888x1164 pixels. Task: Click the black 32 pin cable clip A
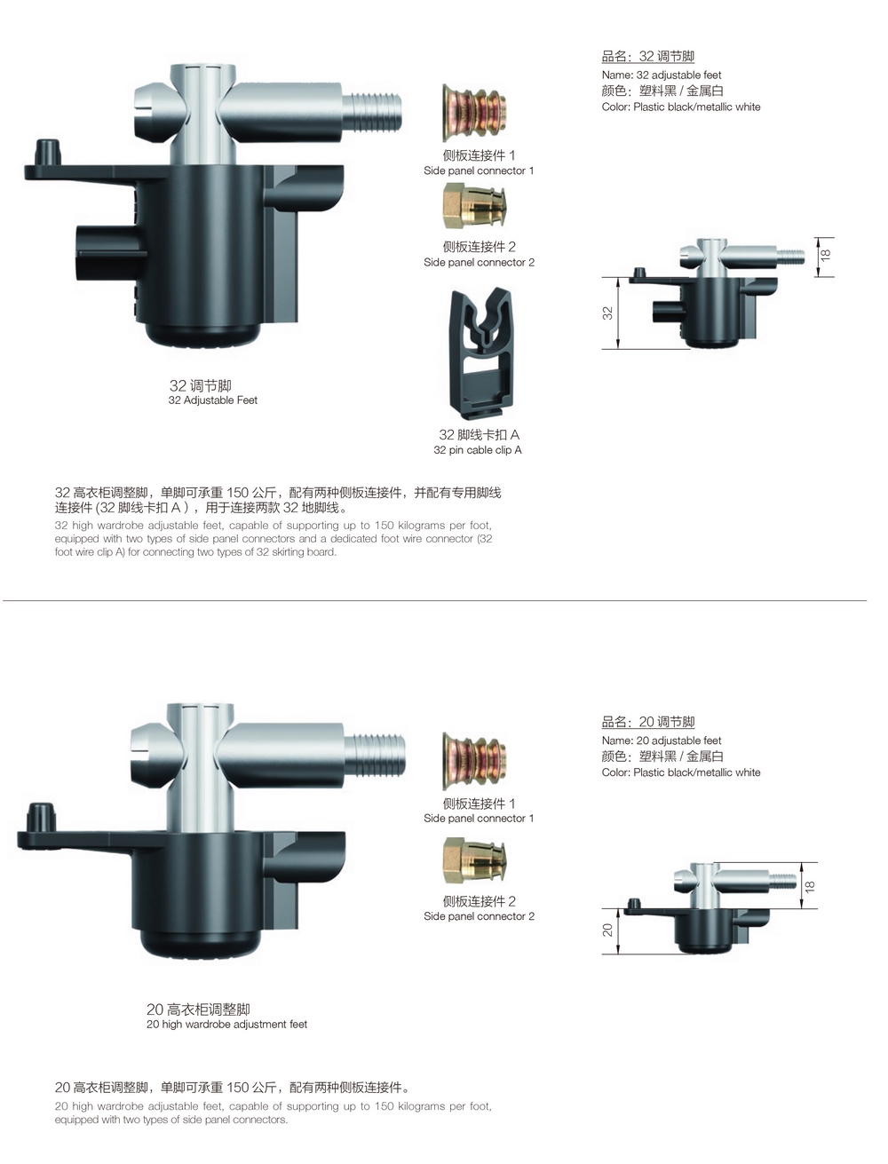pyautogui.click(x=481, y=353)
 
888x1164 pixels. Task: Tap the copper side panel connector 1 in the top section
pyautogui.click(x=474, y=113)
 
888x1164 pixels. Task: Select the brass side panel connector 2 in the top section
pyautogui.click(x=474, y=206)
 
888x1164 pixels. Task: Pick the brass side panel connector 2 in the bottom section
pyautogui.click(x=474, y=860)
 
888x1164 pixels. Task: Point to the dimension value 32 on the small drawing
pyautogui.click(x=607, y=313)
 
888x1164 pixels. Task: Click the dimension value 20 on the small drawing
pyautogui.click(x=607, y=929)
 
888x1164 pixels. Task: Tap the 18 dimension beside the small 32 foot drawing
pyautogui.click(x=826, y=255)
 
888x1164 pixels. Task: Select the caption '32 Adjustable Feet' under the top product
pyautogui.click(x=212, y=400)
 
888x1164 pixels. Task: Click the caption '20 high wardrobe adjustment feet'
pyautogui.click(x=227, y=1024)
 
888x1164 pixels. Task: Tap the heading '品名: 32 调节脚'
pyautogui.click(x=648, y=56)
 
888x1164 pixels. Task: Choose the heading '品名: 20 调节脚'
pyautogui.click(x=648, y=721)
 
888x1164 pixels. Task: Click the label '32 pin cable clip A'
pyautogui.click(x=478, y=450)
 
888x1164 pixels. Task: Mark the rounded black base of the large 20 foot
pyautogui.click(x=200, y=944)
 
